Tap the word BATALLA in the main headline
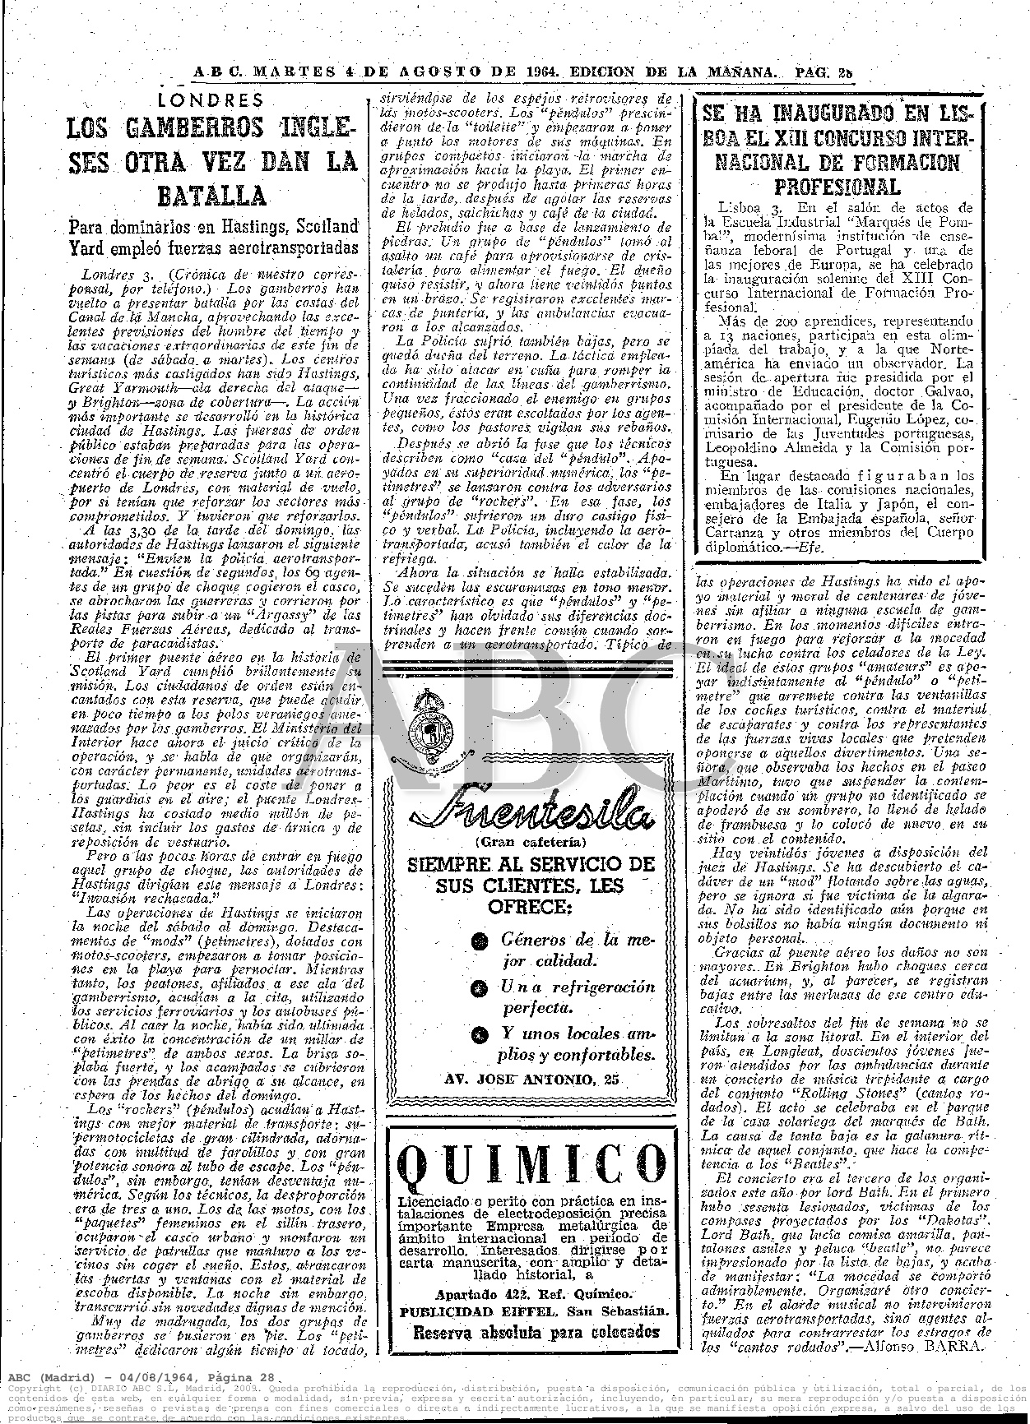(212, 196)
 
